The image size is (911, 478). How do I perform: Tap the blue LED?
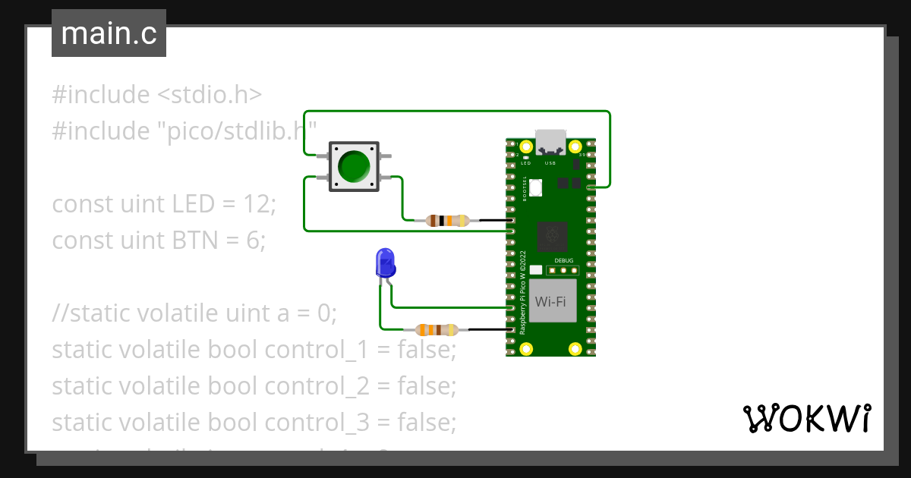385,263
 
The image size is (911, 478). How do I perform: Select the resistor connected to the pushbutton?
447,221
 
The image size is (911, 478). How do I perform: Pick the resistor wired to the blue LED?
436,330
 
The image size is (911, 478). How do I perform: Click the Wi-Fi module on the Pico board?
551,301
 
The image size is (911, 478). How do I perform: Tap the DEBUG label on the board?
564,260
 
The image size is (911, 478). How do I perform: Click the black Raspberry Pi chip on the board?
551,236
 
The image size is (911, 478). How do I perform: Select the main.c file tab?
109,34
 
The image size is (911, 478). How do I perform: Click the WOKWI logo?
805,418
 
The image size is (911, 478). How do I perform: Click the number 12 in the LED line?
257,204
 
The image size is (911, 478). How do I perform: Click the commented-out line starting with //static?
194,313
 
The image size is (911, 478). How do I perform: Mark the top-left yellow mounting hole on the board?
525,146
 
